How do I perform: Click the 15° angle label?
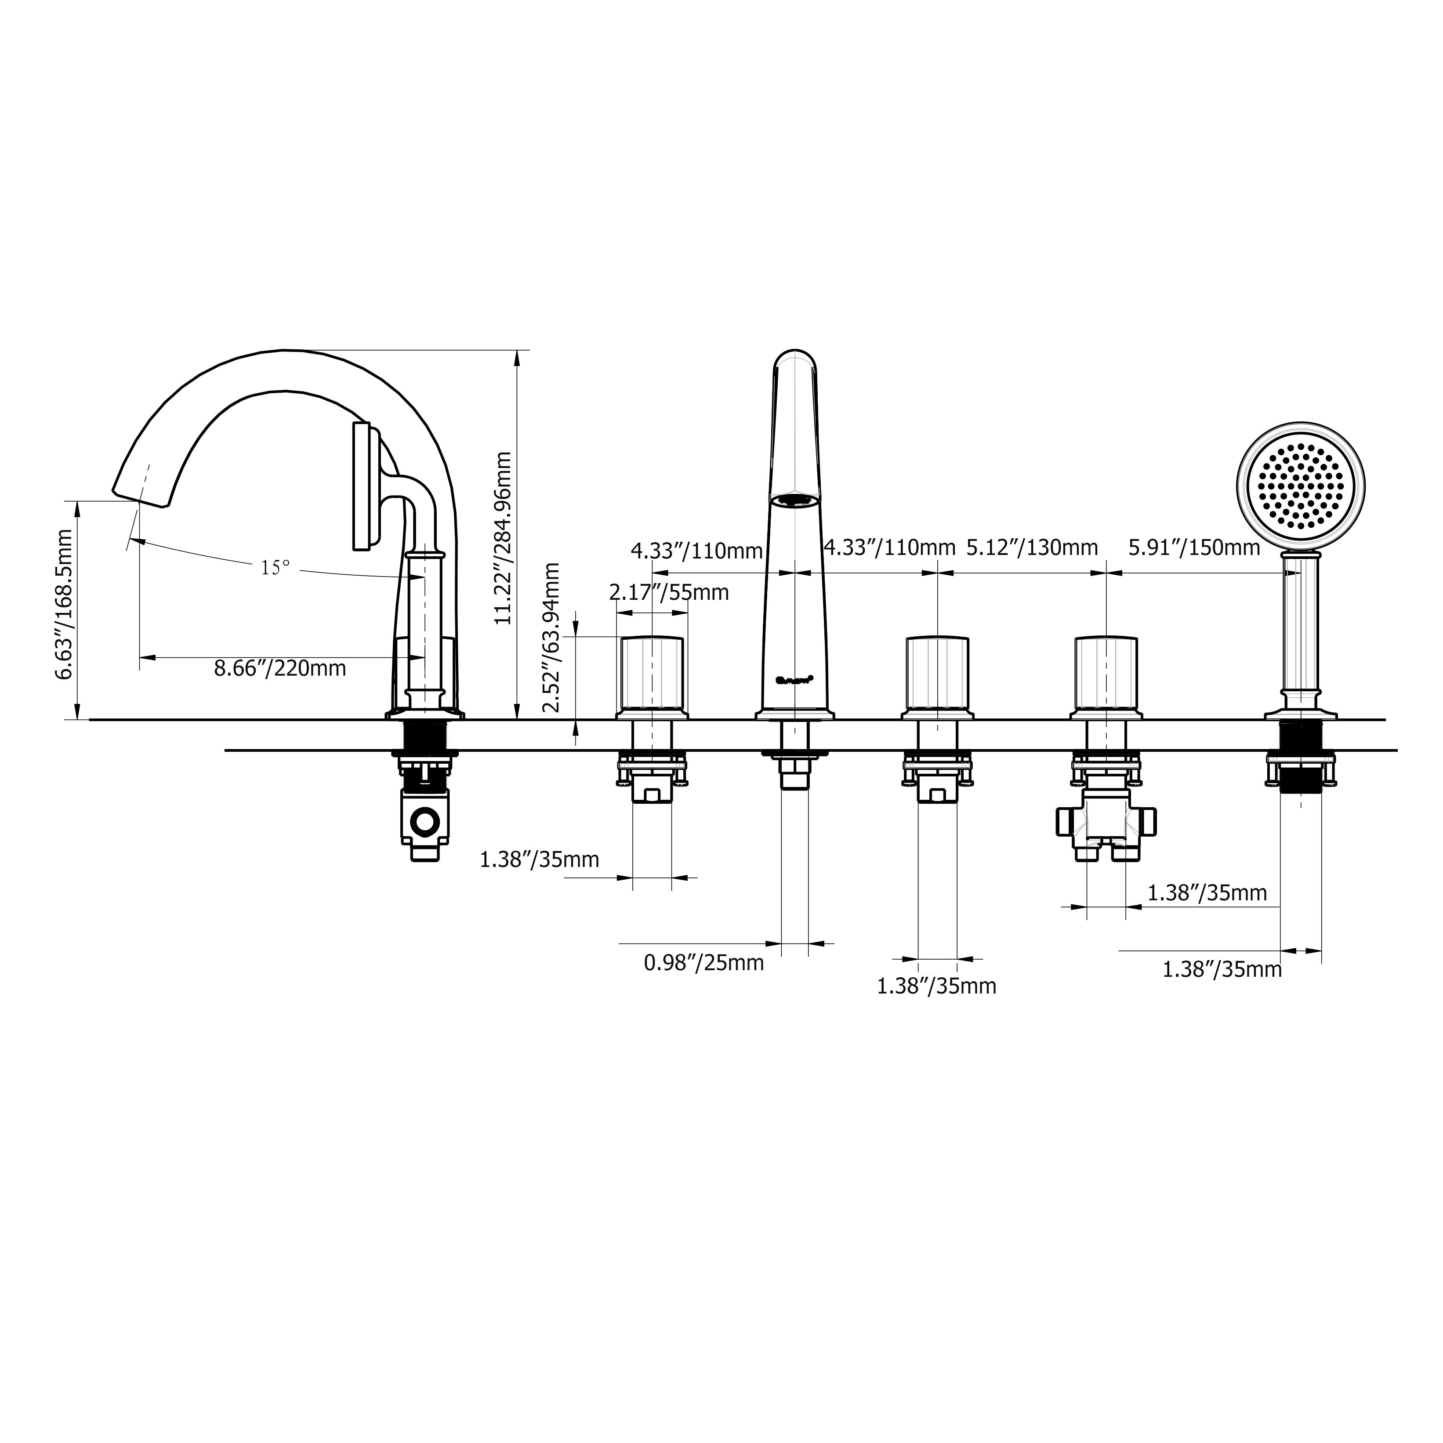tap(275, 569)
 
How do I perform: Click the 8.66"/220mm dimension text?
tap(280, 668)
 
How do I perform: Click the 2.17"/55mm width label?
tap(668, 593)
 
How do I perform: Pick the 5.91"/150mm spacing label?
tap(1193, 548)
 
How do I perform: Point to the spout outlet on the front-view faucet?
tap(795, 500)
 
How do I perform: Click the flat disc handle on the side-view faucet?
tap(362, 486)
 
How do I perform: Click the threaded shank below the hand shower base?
tap(1300, 777)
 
